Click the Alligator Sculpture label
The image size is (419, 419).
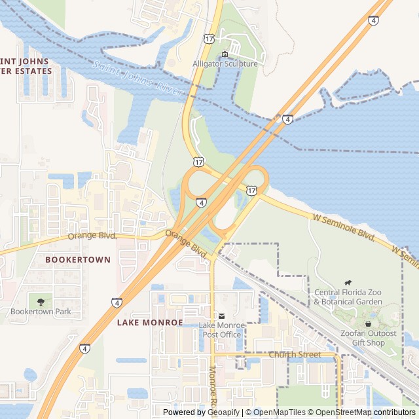click(225, 64)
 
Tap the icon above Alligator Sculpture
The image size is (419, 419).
click(225, 54)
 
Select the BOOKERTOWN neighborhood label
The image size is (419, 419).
click(78, 260)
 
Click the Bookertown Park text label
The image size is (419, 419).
click(41, 312)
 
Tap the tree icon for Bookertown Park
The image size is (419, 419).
click(41, 301)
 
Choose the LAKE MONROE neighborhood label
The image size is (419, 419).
click(150, 323)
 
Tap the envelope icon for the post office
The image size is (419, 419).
click(221, 316)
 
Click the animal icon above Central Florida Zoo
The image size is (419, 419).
click(346, 282)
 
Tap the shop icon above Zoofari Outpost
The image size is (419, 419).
click(367, 323)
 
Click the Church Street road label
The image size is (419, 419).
click(295, 355)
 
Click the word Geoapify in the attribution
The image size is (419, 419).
click(223, 412)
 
